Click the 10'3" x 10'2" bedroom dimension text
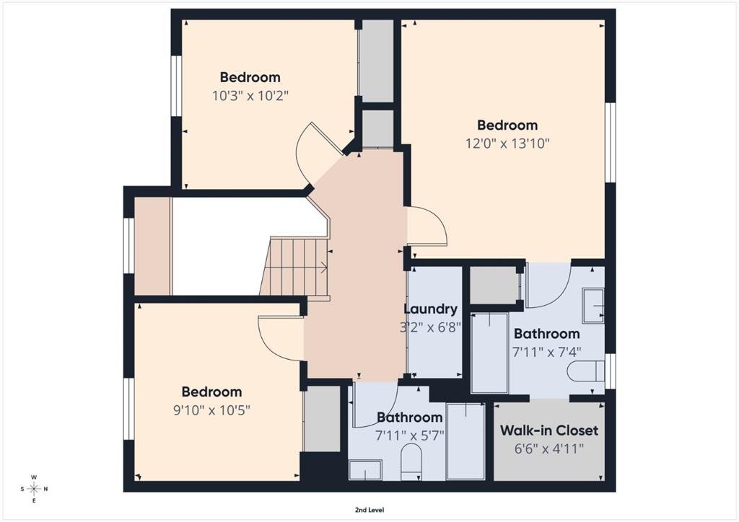(250, 96)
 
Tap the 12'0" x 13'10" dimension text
(507, 143)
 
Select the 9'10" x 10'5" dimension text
(211, 410)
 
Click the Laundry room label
(431, 309)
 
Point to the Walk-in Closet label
(549, 430)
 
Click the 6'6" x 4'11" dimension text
(549, 448)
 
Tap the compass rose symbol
(35, 489)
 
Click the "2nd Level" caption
(369, 510)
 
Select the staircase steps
(294, 267)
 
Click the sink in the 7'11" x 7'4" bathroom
(593, 306)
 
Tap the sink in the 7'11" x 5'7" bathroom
(365, 470)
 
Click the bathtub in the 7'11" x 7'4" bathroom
(490, 353)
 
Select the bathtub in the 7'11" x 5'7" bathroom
(465, 441)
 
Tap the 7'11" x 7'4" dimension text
(547, 352)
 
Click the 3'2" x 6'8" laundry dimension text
(430, 327)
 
